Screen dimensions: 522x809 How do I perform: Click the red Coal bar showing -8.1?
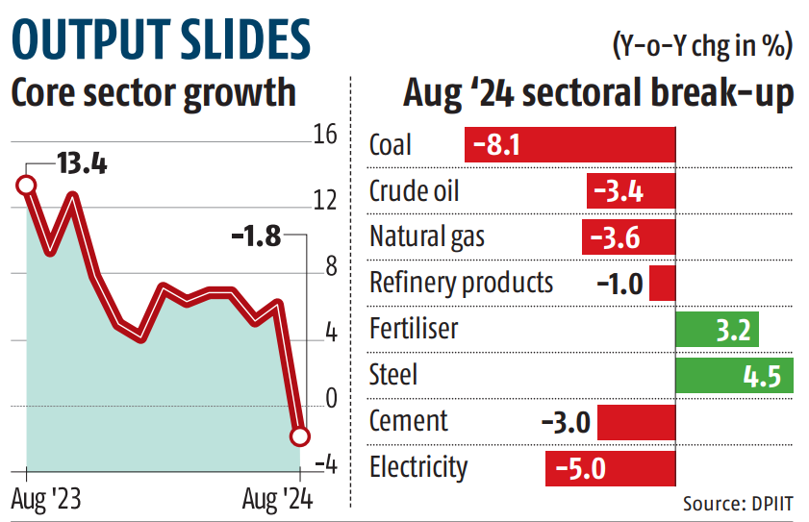click(x=569, y=145)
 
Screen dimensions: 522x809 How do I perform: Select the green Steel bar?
click(x=735, y=374)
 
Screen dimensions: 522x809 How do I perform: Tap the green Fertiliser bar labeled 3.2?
click(x=718, y=329)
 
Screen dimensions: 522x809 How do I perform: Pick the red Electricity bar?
click(x=610, y=468)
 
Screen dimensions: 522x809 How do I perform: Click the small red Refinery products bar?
click(x=662, y=284)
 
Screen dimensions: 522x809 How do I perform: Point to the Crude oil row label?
click(x=414, y=191)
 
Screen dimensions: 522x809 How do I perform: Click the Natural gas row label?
click(x=427, y=236)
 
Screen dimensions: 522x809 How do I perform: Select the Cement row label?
click(x=408, y=420)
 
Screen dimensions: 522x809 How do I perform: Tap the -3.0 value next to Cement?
click(x=567, y=421)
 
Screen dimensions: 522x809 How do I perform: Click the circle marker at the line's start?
click(x=26, y=185)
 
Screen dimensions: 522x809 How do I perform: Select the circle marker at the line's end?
click(x=299, y=436)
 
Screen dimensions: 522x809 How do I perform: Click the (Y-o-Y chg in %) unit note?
click(x=701, y=44)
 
